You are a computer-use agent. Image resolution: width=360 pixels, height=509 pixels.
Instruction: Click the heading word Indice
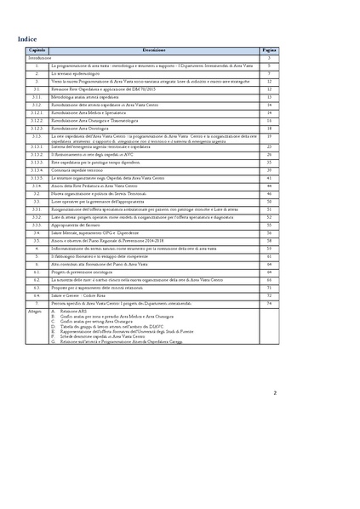(27, 39)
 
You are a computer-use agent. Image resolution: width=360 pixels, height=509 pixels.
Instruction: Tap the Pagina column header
(269, 52)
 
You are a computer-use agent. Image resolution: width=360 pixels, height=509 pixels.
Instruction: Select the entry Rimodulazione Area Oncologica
(89, 127)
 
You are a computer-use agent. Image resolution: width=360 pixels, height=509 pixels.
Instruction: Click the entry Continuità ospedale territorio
(84, 170)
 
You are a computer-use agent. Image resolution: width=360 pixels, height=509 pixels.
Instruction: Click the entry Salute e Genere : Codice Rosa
(84, 295)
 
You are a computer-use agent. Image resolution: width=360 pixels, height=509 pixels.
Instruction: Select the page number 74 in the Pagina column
(269, 302)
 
